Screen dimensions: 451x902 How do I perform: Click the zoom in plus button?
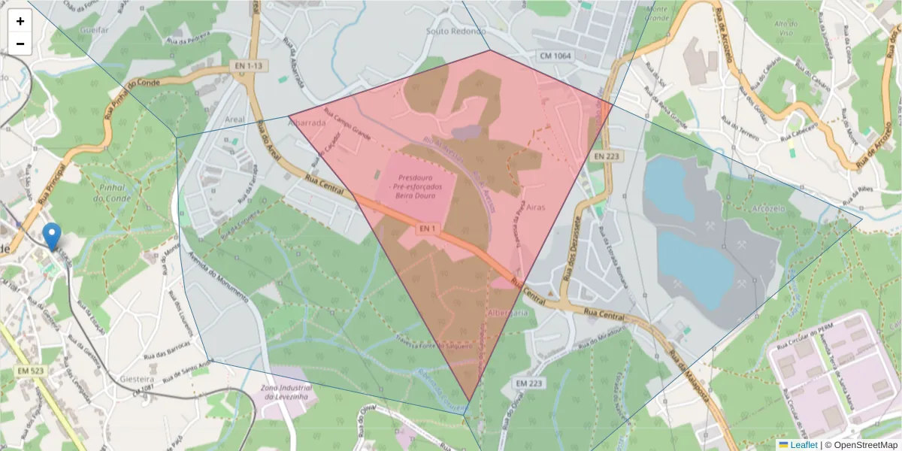(x=20, y=21)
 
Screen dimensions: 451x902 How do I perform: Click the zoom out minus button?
(x=20, y=44)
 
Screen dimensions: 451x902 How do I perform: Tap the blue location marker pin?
(x=52, y=236)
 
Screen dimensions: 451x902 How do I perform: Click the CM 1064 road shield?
(x=555, y=56)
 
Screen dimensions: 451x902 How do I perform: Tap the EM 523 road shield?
(x=29, y=371)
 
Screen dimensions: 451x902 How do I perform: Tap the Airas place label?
(x=536, y=207)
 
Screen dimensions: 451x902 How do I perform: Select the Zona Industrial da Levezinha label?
(x=285, y=393)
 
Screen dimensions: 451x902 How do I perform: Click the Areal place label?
(x=235, y=120)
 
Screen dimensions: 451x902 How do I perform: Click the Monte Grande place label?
(x=657, y=13)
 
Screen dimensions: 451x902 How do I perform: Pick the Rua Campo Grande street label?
(x=348, y=125)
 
